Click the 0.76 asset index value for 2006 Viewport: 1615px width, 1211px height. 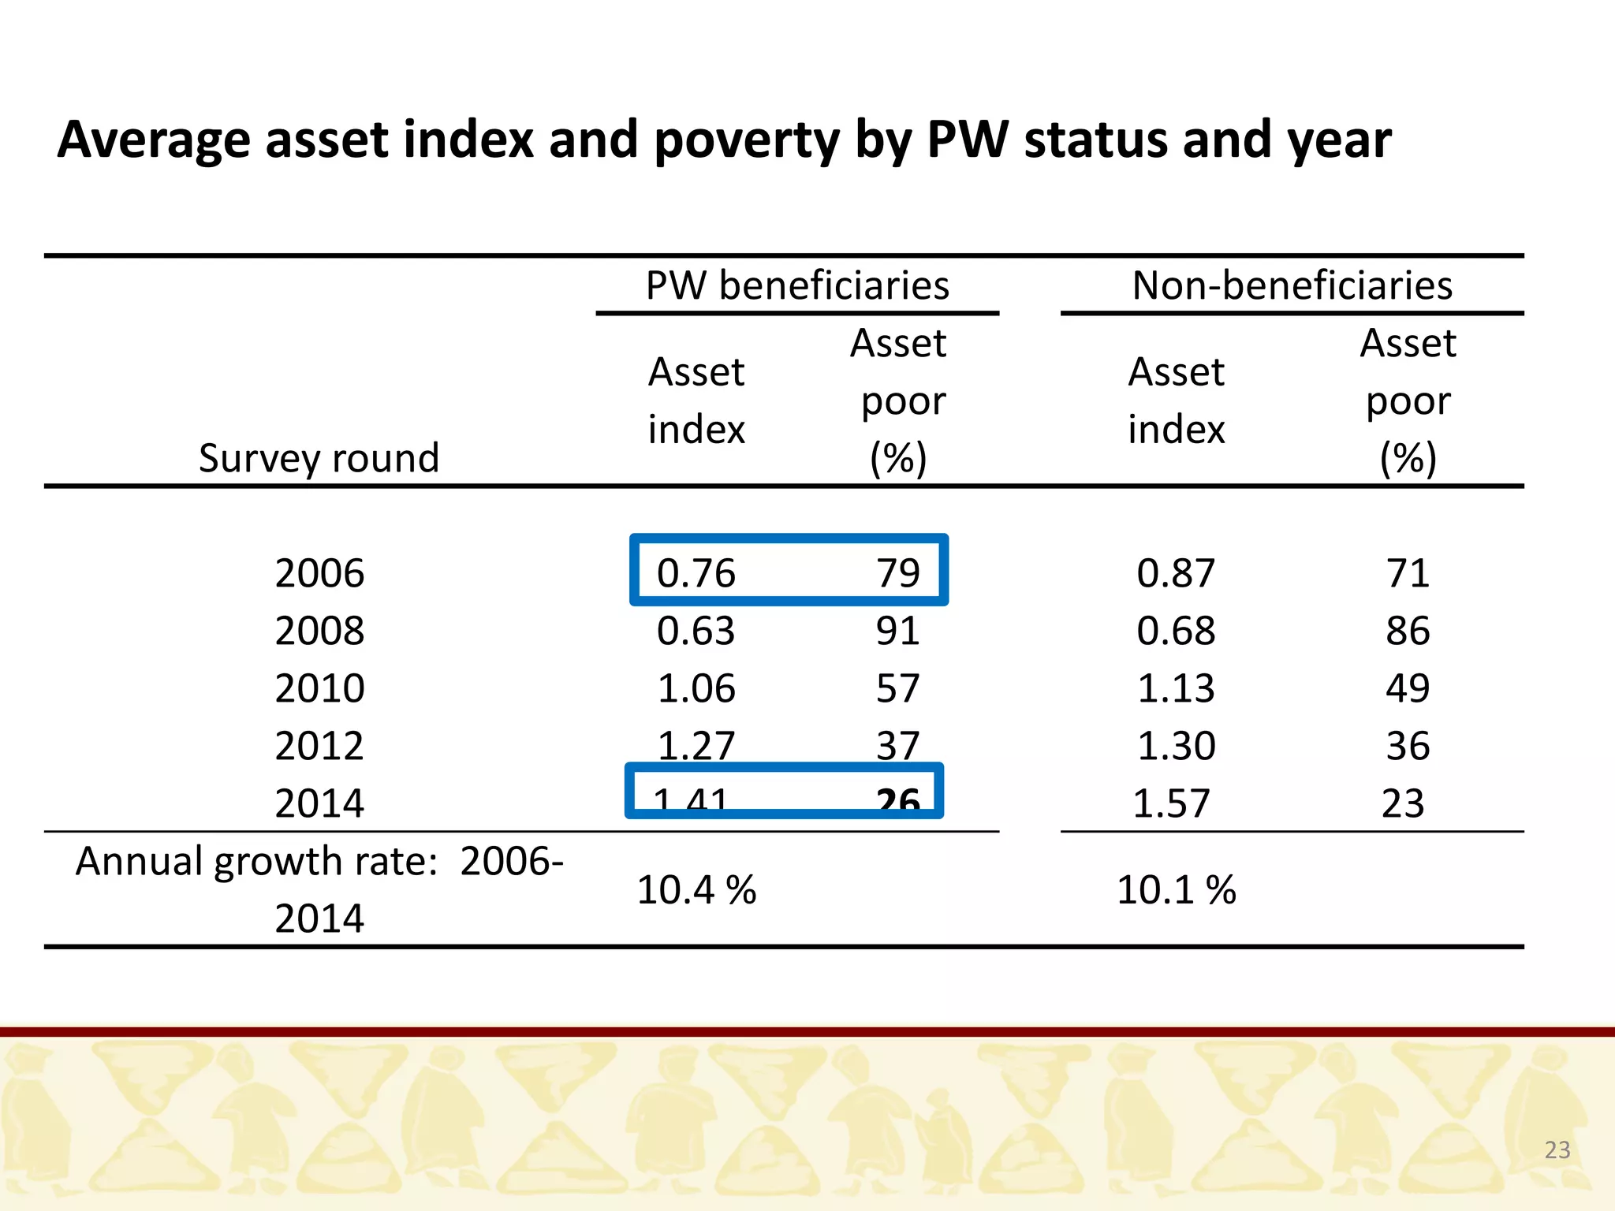[x=696, y=573]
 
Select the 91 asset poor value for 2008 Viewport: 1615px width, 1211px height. [x=897, y=631]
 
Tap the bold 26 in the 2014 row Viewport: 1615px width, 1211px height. [x=898, y=803]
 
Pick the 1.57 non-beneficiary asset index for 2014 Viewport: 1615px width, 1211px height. [x=1171, y=803]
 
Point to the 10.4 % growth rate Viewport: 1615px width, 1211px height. [x=696, y=890]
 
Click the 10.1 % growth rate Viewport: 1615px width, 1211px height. [x=1176, y=890]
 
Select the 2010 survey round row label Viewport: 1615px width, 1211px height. [x=319, y=688]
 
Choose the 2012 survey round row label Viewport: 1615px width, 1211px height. [x=319, y=746]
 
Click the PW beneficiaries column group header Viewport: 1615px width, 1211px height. [x=797, y=285]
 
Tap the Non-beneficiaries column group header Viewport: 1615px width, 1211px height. [x=1292, y=285]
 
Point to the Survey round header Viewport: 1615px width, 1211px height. [x=319, y=458]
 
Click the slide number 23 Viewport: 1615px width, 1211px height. [x=1557, y=1150]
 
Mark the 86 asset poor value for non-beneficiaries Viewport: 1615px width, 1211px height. [x=1408, y=631]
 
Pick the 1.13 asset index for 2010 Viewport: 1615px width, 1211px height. [x=1176, y=688]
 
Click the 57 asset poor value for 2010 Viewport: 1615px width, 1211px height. [x=897, y=688]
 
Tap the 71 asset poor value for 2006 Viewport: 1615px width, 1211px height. [x=1408, y=573]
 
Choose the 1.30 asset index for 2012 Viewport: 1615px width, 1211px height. [x=1176, y=746]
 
